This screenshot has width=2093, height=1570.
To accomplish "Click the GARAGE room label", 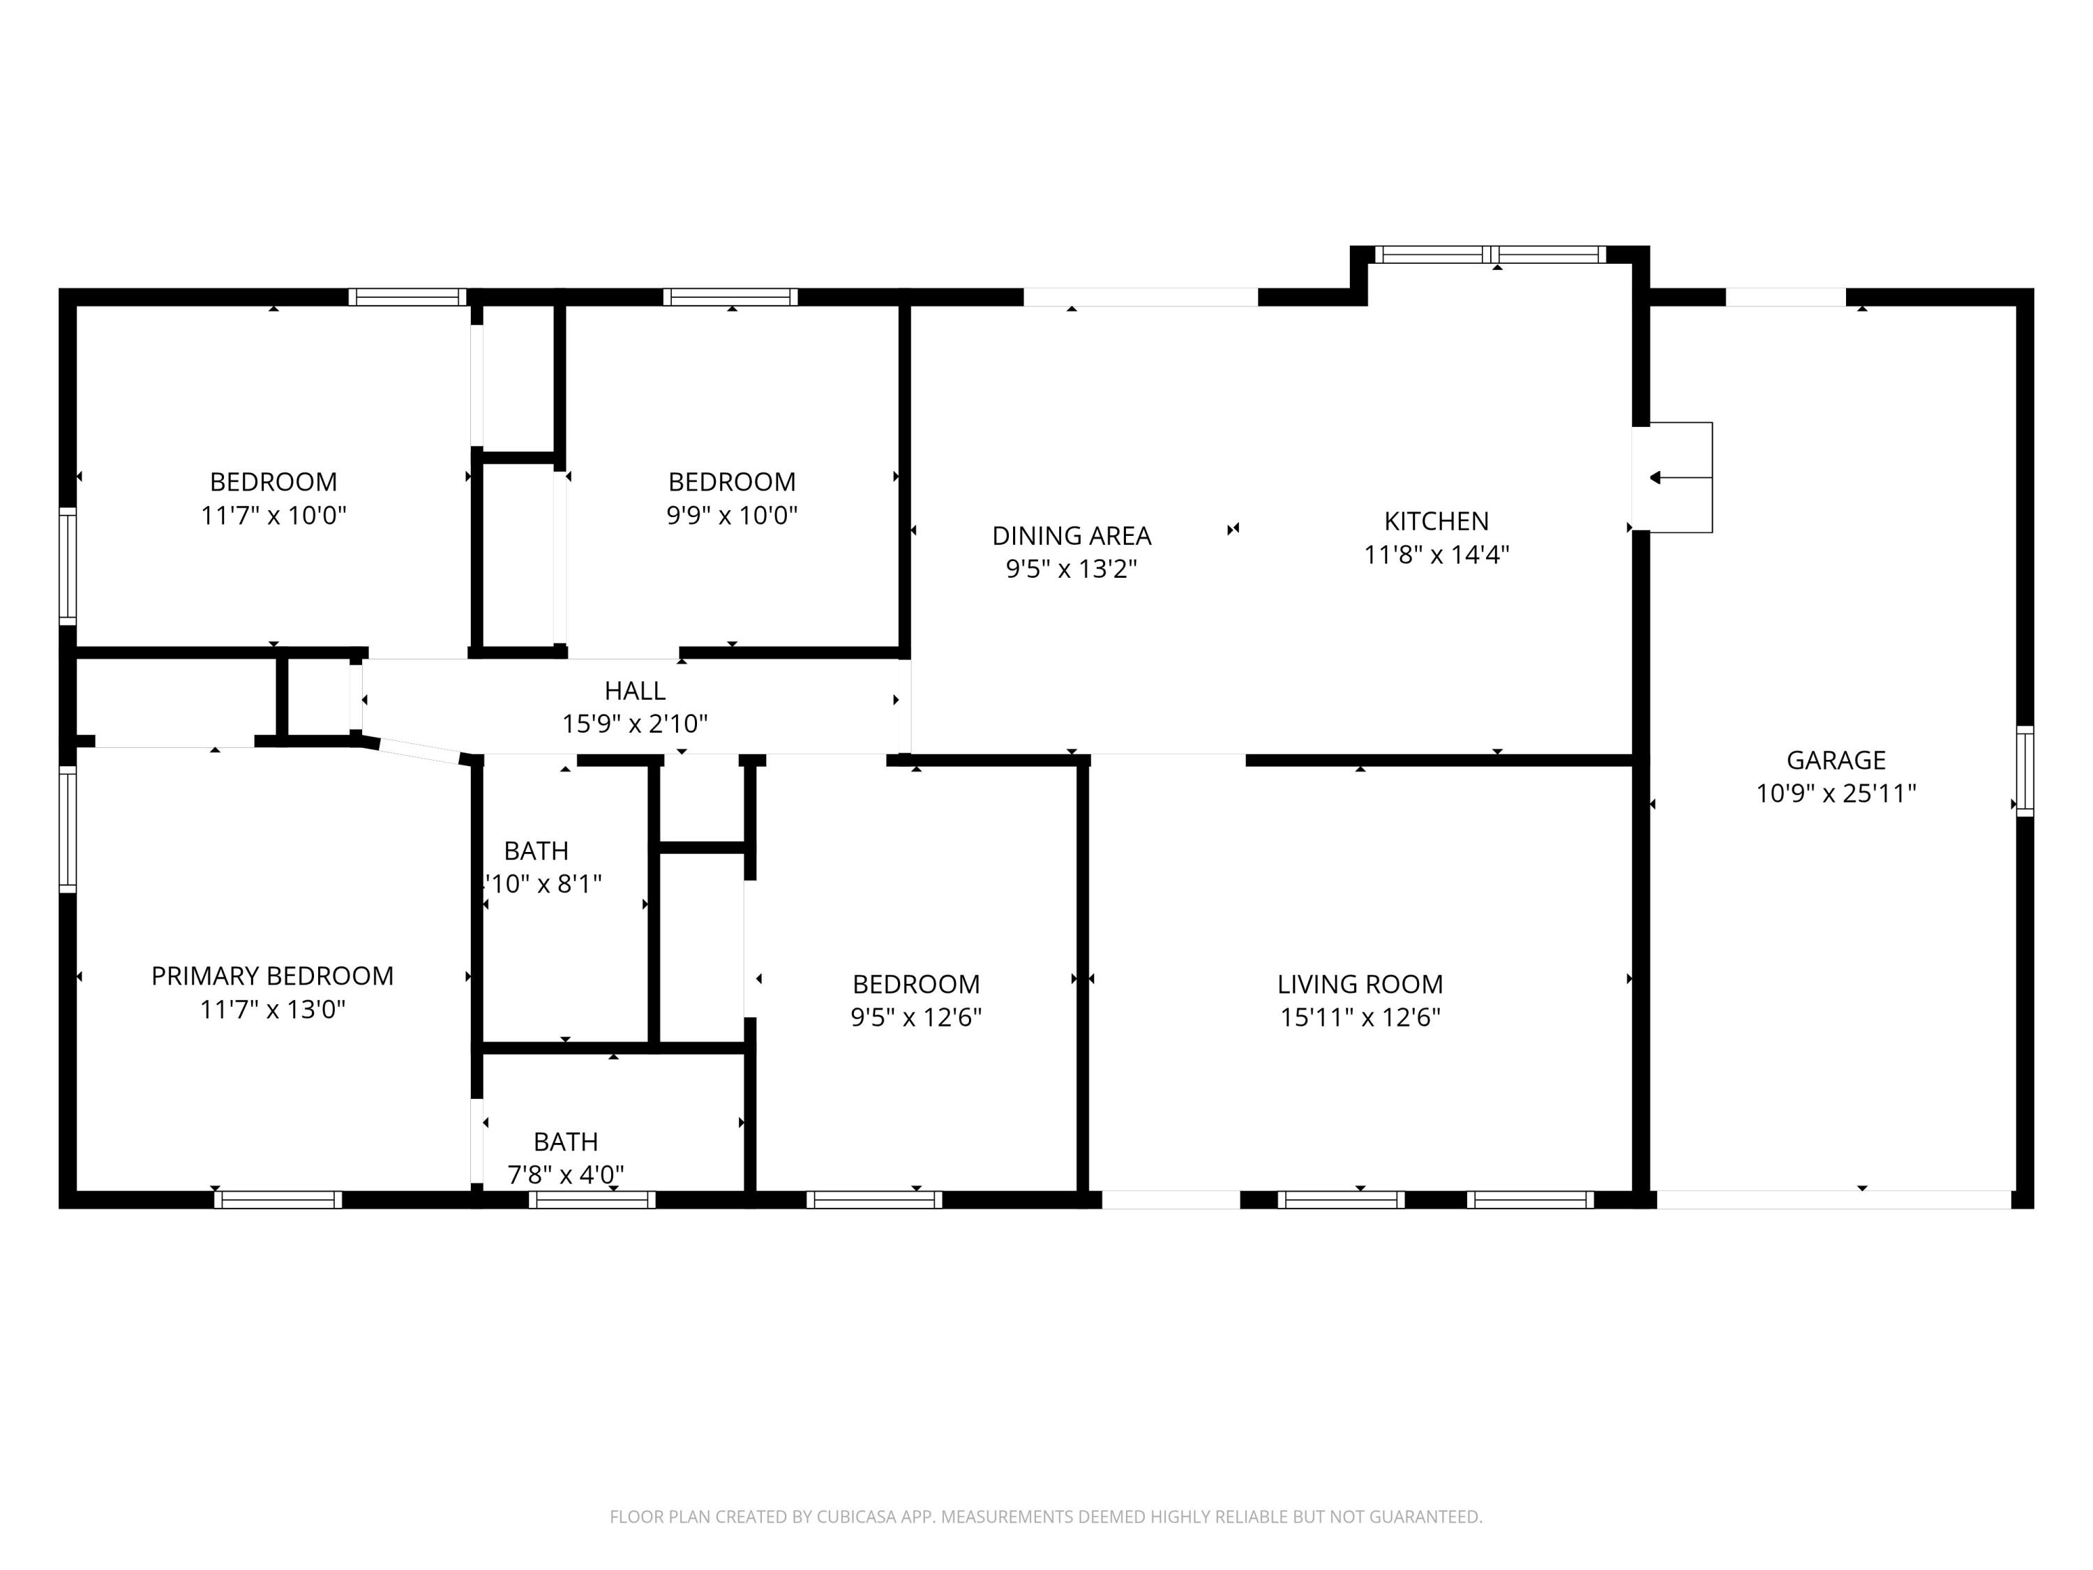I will click(x=1836, y=760).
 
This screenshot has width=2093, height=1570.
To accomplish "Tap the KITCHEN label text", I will click(x=1435, y=521).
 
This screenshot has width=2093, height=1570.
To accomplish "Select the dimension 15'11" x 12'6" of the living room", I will click(x=1360, y=1017).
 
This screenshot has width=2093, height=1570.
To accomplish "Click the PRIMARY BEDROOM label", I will click(x=273, y=975).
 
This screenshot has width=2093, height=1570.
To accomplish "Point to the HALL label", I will click(x=635, y=691).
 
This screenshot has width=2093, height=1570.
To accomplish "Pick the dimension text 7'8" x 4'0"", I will click(x=566, y=1174).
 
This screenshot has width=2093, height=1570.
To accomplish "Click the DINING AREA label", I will click(x=1071, y=536).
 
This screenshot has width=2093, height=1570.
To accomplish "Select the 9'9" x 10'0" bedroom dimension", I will click(x=731, y=516).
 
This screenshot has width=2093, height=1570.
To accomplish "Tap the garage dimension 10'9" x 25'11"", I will click(x=1836, y=793).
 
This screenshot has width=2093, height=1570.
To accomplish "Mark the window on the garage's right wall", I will click(x=2024, y=770).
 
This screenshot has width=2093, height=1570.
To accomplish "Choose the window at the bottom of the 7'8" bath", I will click(x=592, y=1200).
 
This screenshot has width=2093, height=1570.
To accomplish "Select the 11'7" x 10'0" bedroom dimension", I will click(x=273, y=516).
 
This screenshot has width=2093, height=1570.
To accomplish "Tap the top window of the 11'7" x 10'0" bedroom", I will click(x=409, y=297).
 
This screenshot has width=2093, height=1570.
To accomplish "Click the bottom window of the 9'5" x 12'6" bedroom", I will click(x=874, y=1200).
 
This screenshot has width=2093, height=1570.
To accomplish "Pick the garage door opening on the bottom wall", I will click(x=1833, y=1200).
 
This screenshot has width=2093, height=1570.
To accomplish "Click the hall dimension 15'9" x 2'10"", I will click(x=635, y=724).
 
